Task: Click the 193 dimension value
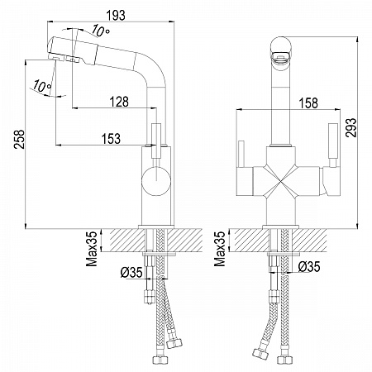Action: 116,16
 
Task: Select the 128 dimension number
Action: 119,102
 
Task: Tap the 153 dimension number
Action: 112,139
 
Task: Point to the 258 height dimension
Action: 20,139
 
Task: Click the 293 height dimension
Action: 351,127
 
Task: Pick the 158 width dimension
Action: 308,103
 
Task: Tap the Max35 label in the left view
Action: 92,249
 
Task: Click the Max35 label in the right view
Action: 220,249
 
